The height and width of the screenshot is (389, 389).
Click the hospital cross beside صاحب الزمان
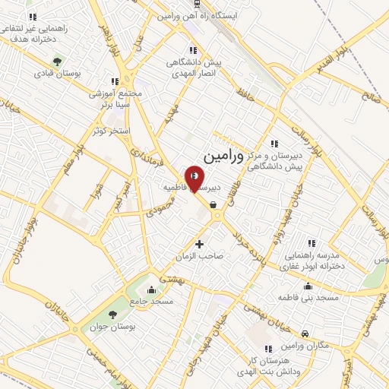click(200, 244)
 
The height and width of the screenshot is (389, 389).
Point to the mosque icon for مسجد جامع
click(151, 289)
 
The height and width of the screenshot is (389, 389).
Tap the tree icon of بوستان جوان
click(113, 313)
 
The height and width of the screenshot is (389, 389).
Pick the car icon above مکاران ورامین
click(304, 334)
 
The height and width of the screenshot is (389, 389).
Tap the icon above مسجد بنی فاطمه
click(308, 286)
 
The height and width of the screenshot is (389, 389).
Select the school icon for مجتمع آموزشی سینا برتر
click(115, 81)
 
